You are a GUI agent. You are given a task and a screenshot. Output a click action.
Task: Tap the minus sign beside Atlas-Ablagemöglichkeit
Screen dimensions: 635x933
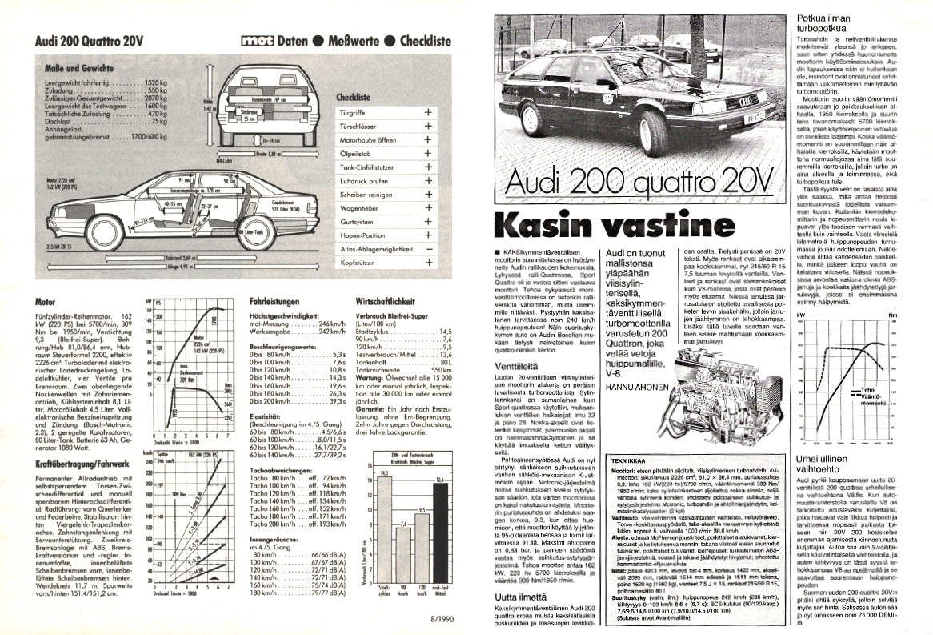click(429, 249)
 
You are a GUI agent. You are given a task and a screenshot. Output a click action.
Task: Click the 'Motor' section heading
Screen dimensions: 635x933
click(46, 303)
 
